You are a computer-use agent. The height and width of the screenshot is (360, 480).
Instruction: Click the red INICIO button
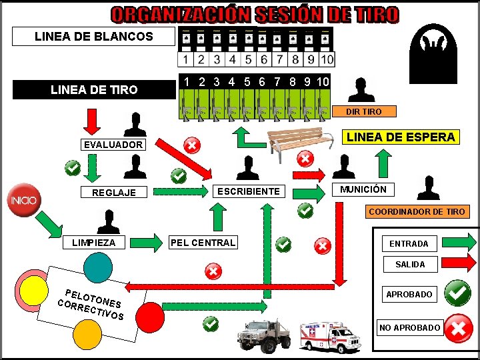coord(23,199)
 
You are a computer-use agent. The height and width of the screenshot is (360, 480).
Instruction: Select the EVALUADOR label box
coord(113,145)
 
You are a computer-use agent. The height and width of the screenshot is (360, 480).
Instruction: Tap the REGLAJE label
coord(113,193)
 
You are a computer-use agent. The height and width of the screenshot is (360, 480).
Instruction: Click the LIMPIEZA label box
coord(94,243)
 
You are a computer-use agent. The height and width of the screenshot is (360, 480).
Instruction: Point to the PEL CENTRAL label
coord(203,243)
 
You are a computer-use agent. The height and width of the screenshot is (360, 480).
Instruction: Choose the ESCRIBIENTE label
coord(249,191)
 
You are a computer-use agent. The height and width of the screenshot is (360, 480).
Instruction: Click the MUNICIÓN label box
coord(363,189)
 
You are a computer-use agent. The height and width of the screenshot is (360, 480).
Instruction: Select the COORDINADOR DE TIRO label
coord(417,211)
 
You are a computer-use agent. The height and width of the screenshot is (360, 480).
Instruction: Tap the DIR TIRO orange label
coord(363,111)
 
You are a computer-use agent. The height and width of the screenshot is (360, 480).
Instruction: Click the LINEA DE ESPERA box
coord(401,137)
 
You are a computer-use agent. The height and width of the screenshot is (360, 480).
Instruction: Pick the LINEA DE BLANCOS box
coord(94,37)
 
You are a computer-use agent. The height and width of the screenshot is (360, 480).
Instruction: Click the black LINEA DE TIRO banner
coord(94,89)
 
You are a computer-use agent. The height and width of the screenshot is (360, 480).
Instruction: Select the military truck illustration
coord(265,334)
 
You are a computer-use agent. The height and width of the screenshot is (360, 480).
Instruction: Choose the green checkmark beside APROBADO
coord(458,292)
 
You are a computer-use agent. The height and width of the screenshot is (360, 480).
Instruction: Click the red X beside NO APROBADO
coord(459,327)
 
